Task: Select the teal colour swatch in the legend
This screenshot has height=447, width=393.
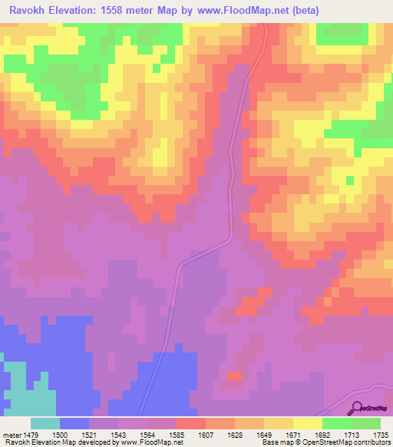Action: tap(45, 423)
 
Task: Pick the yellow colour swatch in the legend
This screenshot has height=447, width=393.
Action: tap(307, 423)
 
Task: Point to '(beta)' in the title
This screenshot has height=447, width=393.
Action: tap(304, 11)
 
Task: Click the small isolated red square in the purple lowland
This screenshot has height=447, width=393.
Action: tap(234, 376)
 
